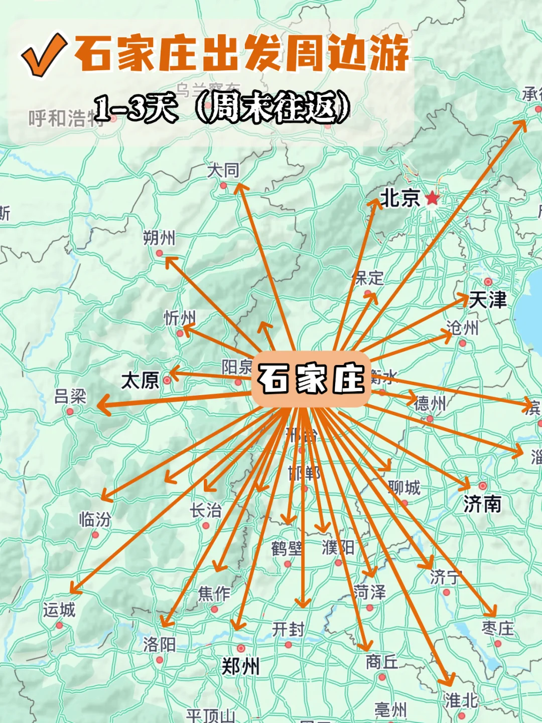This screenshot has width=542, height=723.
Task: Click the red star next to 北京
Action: click(432, 198)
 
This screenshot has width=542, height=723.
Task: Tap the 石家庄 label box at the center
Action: click(311, 379)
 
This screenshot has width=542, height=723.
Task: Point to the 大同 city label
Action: click(223, 171)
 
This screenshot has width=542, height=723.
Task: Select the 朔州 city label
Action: click(159, 237)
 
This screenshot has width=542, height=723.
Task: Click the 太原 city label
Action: click(140, 381)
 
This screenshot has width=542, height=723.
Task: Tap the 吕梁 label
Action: click(70, 397)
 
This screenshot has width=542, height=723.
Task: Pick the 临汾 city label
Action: click(95, 519)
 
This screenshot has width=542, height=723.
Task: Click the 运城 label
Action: click(59, 610)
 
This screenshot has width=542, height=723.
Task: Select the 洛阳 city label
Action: click(159, 644)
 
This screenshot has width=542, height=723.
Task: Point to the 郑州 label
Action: click(240, 667)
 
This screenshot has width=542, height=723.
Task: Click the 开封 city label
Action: click(288, 629)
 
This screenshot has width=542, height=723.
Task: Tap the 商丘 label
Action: click(382, 662)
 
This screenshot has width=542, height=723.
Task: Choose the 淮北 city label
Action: click(461, 700)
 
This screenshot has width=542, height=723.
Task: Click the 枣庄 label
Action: click(498, 628)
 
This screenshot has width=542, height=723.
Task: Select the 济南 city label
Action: click(482, 504)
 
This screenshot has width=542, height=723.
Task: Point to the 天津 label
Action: click(488, 300)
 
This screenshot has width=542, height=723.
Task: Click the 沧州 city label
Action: click(462, 328)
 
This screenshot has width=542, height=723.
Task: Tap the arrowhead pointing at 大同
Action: click(240, 189)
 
